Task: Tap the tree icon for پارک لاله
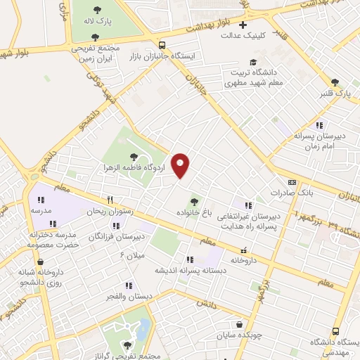coord(96,11)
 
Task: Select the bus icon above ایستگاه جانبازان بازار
coord(162,44)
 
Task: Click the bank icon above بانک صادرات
coord(292,181)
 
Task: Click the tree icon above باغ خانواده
coord(194,202)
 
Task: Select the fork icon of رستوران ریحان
coord(110,200)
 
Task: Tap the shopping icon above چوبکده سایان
coord(240,326)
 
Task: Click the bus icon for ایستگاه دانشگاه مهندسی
coord(335,330)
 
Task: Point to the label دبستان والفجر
coord(129,296)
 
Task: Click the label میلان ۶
coord(131,254)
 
